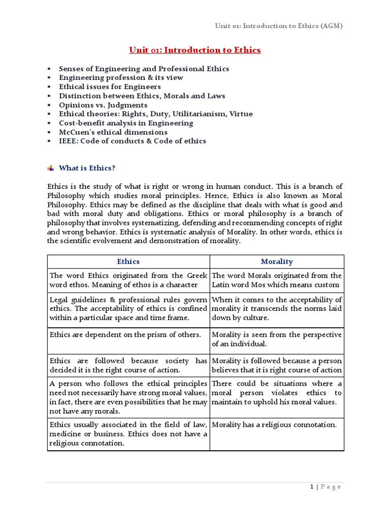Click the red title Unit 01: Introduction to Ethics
pos(194,50)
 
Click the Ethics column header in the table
pos(128,262)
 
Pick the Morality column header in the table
pos(277,262)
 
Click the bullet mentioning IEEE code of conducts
pos(133,141)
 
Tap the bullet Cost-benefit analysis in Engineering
pos(126,123)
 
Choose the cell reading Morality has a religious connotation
pos(274,425)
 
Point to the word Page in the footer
pos(331,487)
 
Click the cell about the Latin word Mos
pos(277,280)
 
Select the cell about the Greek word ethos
pos(128,280)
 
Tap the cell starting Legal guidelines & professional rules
pos(128,308)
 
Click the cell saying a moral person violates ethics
pos(277,392)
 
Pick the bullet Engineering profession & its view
pos(121,77)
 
